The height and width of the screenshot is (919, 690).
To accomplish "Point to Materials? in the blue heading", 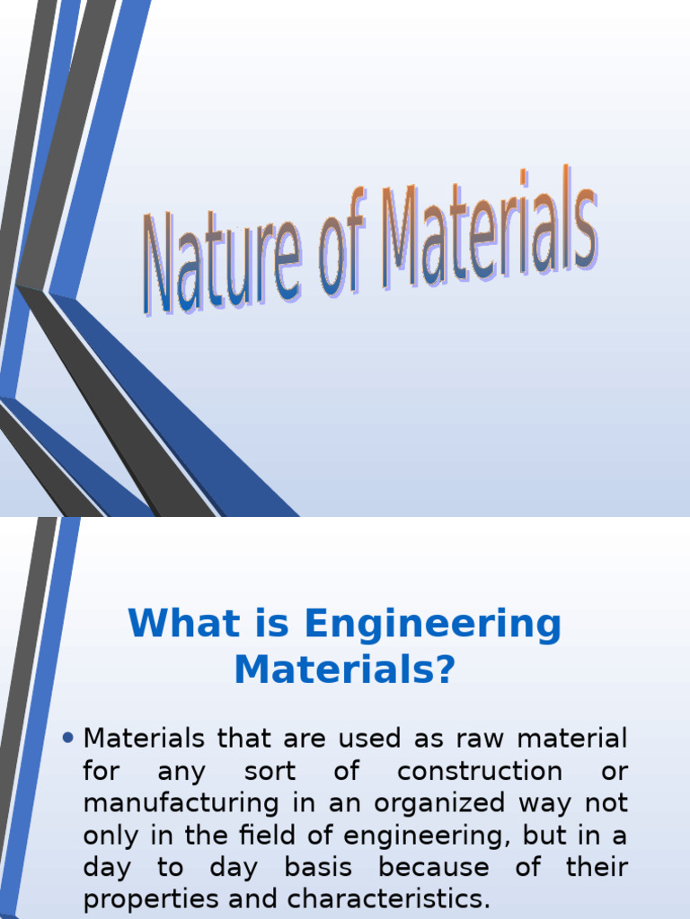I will coord(345,670).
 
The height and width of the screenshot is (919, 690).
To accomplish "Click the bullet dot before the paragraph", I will coord(70,739).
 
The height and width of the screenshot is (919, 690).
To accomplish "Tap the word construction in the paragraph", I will coord(480,771).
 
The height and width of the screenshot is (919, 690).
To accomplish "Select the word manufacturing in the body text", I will coord(180,803).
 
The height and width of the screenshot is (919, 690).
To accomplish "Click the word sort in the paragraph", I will coord(270,771).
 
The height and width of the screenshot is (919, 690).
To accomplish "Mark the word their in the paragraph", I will coord(597,868).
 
